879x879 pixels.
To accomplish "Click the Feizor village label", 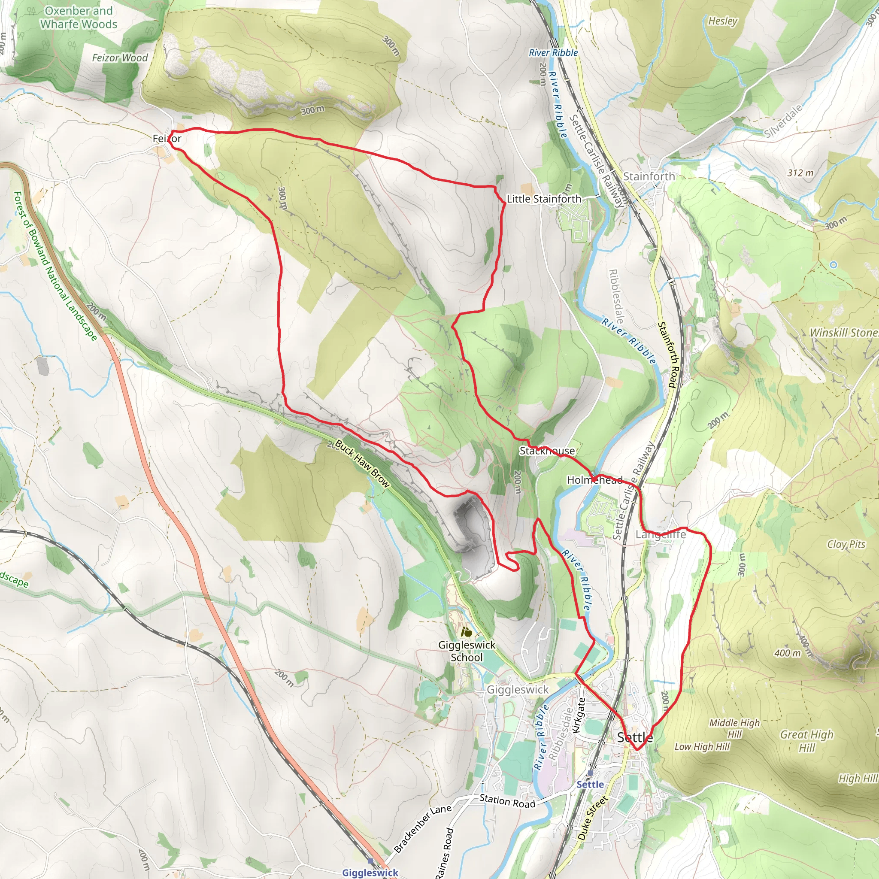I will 167,138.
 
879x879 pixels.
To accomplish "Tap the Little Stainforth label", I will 544,199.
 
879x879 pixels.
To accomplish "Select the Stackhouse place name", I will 547,451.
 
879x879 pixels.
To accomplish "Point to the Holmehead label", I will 594,480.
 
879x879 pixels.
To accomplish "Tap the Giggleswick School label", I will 467,651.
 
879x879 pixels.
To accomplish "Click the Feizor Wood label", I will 120,58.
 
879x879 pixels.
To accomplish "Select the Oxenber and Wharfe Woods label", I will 78,17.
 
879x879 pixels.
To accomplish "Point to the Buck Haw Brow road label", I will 362,464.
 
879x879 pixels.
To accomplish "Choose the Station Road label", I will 507,801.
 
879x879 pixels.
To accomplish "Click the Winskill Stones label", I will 843,333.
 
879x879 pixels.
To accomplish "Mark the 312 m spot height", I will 800,173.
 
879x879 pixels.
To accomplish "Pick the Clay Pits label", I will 846,544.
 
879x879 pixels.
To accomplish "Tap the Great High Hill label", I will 806,741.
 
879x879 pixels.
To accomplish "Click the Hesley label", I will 722,21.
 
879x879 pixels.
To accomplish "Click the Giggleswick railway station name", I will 370,872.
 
